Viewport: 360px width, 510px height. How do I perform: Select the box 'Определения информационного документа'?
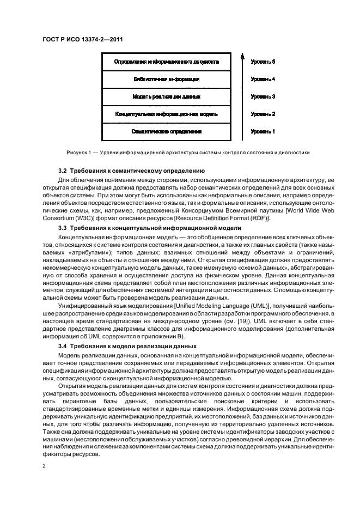click(167, 62)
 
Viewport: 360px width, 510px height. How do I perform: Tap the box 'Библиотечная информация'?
click(167, 80)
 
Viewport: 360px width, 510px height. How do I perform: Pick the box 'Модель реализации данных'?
click(167, 97)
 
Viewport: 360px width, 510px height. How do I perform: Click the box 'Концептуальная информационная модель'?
click(167, 114)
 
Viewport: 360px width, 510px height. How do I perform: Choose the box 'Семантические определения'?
click(167, 132)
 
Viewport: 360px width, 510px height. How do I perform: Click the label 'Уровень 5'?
click(263, 62)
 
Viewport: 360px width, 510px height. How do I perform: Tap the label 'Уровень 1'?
click(263, 132)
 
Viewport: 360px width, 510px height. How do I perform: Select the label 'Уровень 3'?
click(263, 97)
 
